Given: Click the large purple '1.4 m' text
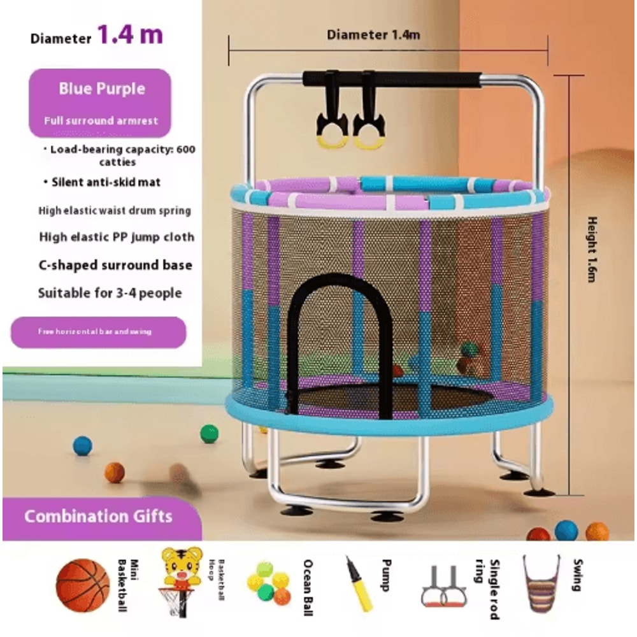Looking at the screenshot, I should tap(130, 34).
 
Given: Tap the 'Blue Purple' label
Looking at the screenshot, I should tap(102, 89).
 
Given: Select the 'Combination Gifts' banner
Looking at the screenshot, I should tap(98, 515).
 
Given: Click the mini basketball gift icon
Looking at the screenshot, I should tap(83, 585).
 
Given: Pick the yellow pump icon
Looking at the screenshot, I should tap(359, 583).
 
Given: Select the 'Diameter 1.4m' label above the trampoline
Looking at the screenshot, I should tap(373, 35).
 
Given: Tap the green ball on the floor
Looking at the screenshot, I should tap(209, 434).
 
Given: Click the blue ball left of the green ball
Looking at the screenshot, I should tap(82, 445).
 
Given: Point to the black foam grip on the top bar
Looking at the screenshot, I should tap(392, 79).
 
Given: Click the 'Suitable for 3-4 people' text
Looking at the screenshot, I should tap(110, 293).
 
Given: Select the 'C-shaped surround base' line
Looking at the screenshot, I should tap(115, 265).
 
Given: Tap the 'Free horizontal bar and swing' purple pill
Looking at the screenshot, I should tap(99, 332).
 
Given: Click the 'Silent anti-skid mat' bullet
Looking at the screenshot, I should tap(102, 182).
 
